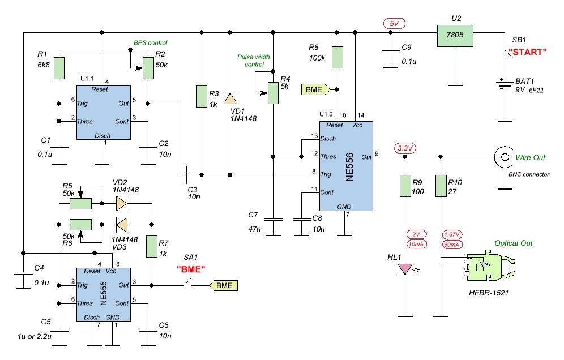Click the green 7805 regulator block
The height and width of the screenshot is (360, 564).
[455, 36]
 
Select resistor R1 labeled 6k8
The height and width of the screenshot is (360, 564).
[59, 68]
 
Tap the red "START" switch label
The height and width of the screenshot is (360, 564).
[528, 52]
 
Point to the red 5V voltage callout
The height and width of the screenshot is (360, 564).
[394, 24]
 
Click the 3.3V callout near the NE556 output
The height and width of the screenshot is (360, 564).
[405, 148]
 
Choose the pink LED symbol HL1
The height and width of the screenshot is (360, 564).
[405, 269]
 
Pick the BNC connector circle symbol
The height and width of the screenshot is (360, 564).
[505, 157]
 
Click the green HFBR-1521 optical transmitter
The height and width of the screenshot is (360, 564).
[489, 267]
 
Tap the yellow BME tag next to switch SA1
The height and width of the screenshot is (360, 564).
[223, 285]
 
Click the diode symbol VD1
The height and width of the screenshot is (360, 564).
[230, 98]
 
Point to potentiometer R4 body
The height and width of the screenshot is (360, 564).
[273, 93]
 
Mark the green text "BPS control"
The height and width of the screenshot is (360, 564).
[151, 43]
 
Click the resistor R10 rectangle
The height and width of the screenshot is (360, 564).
[441, 186]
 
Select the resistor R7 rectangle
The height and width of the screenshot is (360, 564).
[152, 246]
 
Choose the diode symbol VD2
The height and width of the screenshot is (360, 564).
[122, 204]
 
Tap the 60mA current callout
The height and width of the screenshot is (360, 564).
[451, 245]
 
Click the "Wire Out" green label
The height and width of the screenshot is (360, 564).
[530, 157]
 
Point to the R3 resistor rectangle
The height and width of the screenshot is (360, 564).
[202, 96]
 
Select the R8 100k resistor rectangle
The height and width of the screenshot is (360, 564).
[337, 57]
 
